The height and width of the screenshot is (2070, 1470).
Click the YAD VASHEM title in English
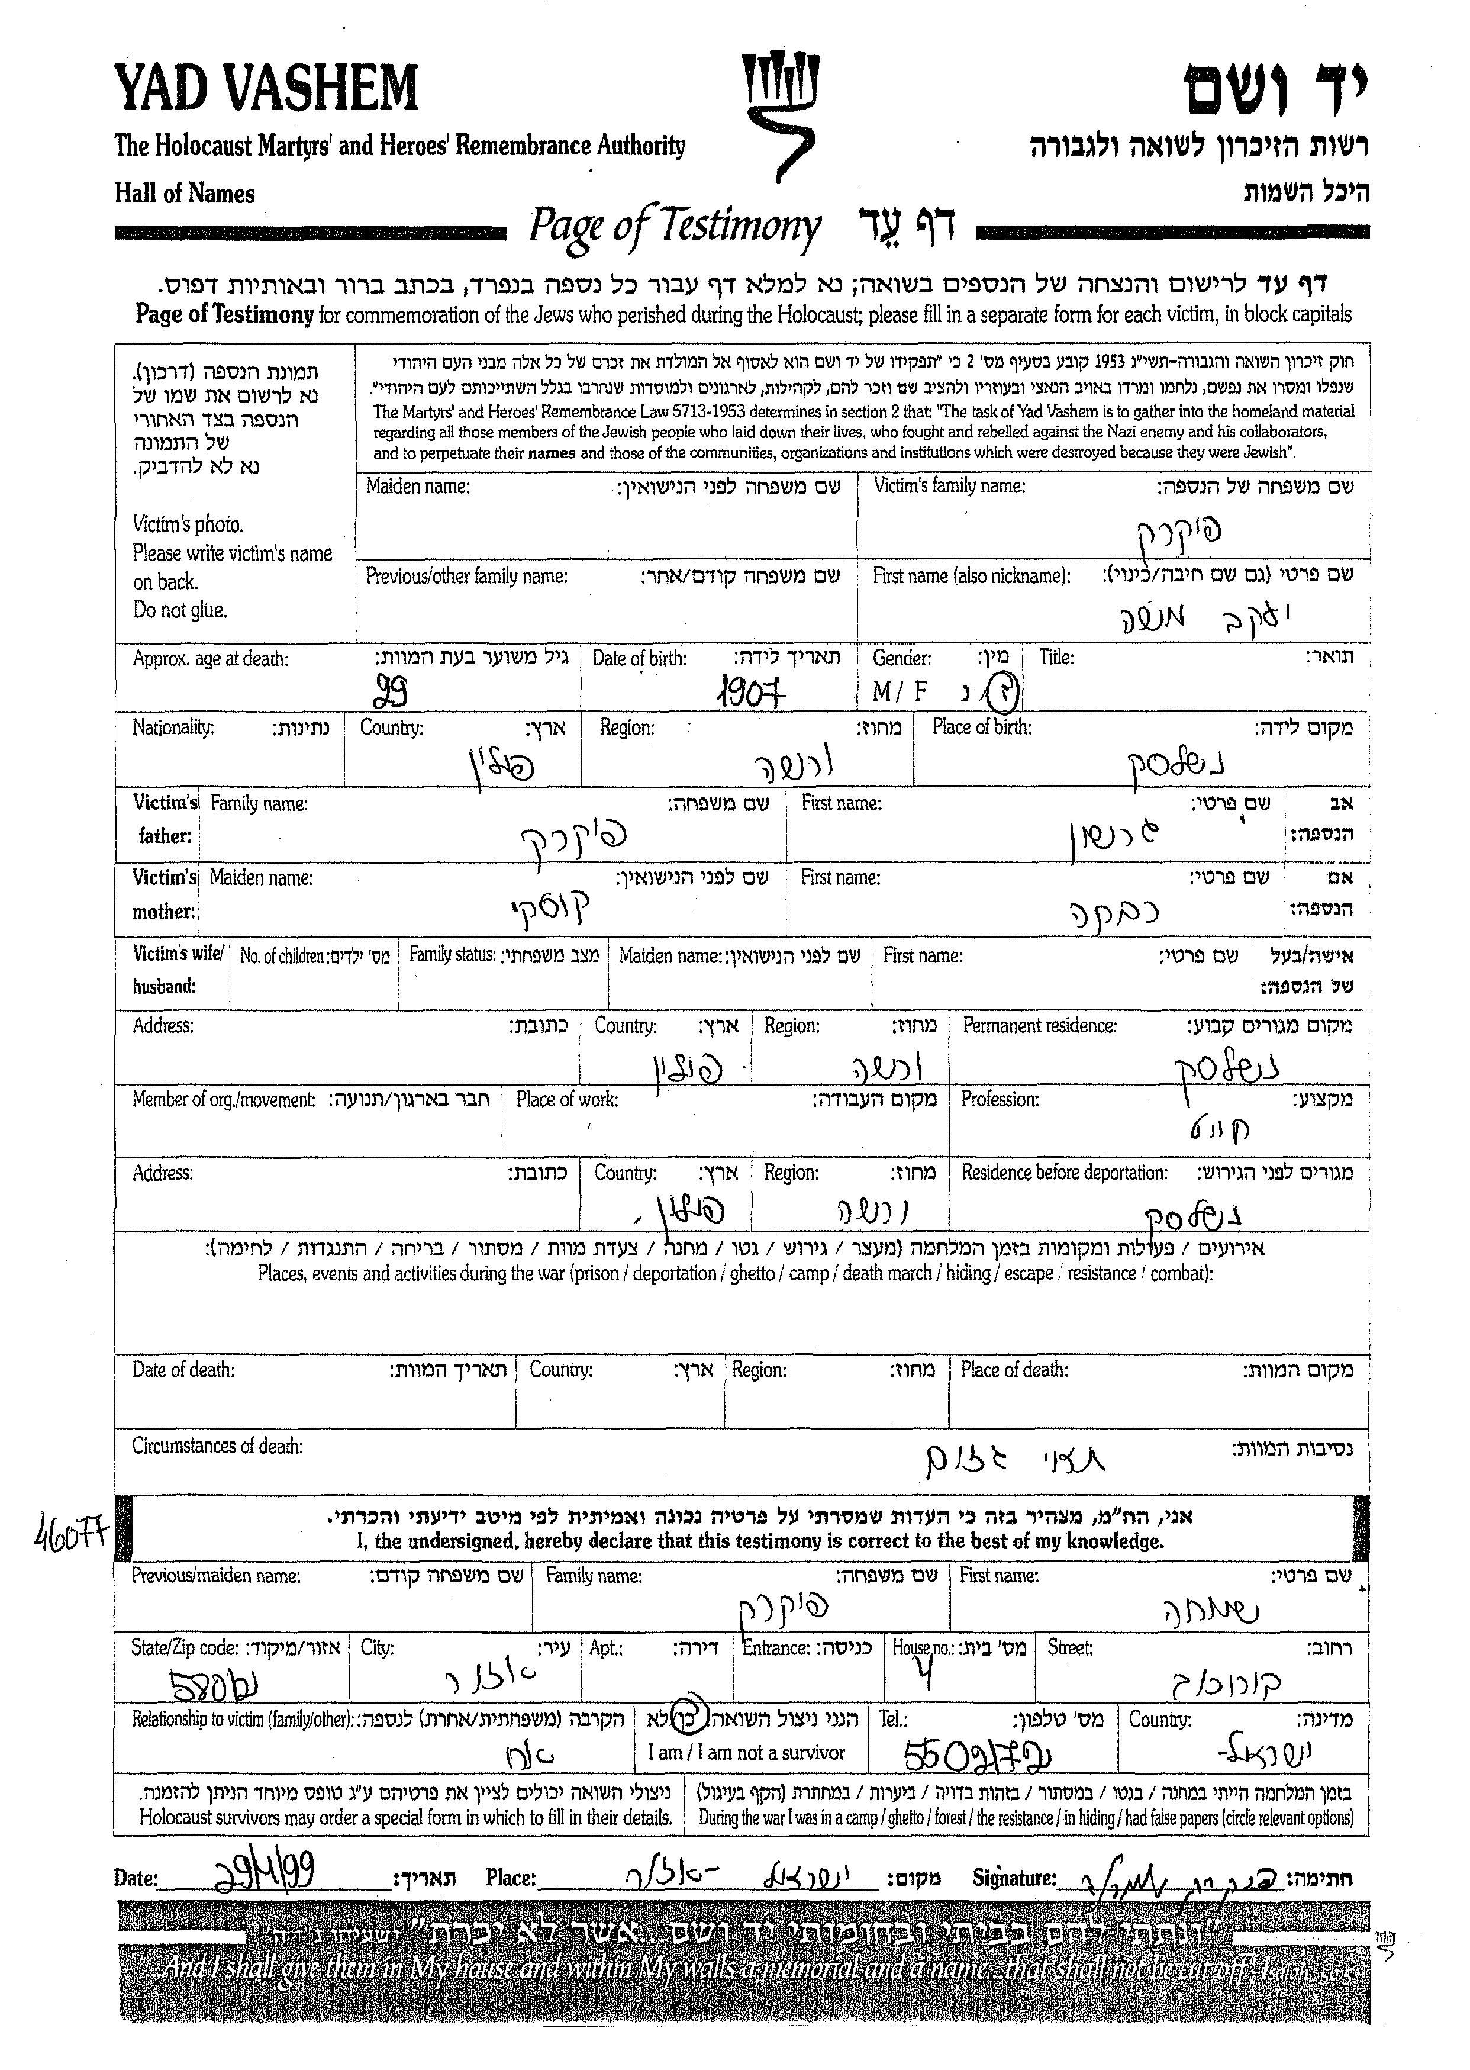(x=266, y=91)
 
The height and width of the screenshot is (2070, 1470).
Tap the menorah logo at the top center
(x=779, y=113)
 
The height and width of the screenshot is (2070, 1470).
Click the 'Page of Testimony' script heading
(x=675, y=226)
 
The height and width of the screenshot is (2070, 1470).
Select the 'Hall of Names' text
(x=185, y=194)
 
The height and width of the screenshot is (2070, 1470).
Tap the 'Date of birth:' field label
(x=639, y=658)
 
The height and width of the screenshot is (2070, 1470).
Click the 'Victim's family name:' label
(x=949, y=486)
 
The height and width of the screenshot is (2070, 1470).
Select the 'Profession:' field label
(x=1000, y=1099)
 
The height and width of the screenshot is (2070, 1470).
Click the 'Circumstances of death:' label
(x=217, y=1446)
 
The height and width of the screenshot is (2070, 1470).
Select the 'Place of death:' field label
(x=1014, y=1370)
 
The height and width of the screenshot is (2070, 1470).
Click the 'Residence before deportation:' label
(x=1063, y=1173)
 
